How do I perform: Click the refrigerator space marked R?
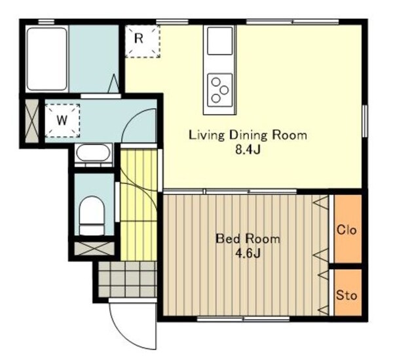coord(142,41)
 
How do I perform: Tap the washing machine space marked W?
coord(62,120)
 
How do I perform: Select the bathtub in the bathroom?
coord(47,59)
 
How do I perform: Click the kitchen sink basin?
coord(220,41)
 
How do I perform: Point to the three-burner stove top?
coord(220,90)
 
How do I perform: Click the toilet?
coord(92,216)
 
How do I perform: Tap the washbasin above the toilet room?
coord(93,153)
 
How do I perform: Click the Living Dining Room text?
coord(248,135)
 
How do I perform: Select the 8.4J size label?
coord(248,150)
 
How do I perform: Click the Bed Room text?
coord(248,239)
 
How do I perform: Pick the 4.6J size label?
coord(248,253)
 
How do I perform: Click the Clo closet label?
coord(346,230)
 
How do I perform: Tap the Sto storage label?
coord(346,295)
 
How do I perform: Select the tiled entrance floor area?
coord(127,279)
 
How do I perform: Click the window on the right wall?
coord(365,121)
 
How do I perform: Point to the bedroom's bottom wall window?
coord(243,319)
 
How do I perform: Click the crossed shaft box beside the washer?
coord(32,120)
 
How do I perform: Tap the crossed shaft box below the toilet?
coord(94,249)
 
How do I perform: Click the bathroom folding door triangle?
coord(113,83)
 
